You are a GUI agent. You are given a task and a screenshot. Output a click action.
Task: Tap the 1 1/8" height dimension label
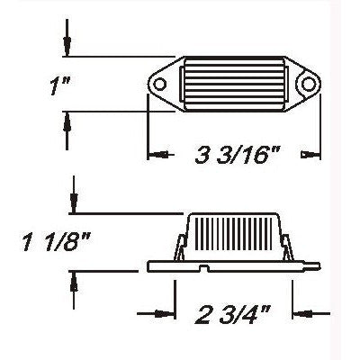point(55,244)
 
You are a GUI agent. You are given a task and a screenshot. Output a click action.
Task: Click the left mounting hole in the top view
point(163,86)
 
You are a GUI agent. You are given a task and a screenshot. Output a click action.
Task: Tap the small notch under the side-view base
point(208,269)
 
